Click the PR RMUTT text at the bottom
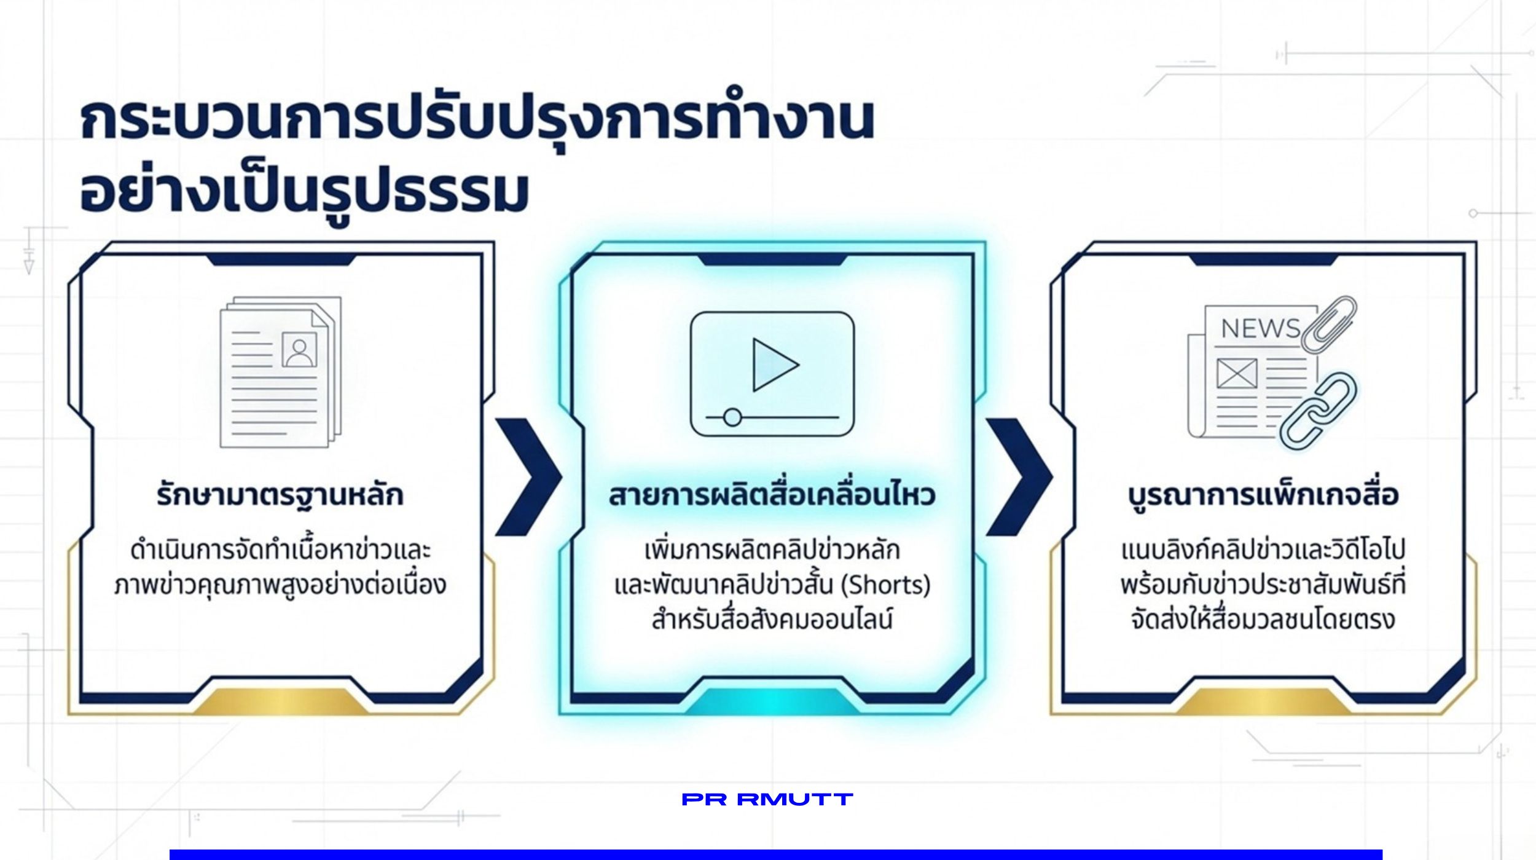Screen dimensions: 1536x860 tap(767, 799)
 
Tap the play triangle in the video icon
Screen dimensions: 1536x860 tap(775, 365)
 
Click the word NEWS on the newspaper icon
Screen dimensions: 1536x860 tap(1260, 328)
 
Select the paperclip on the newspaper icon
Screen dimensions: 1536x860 tap(1329, 325)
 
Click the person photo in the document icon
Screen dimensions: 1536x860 tap(299, 350)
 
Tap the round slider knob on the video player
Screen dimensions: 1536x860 tap(732, 417)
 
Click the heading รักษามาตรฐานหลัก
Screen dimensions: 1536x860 tap(280, 495)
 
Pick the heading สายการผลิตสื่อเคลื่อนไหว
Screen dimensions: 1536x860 tap(772, 495)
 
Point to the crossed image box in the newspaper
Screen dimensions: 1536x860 tap(1237, 374)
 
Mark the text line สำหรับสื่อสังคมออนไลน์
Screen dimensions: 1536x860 tap(772, 618)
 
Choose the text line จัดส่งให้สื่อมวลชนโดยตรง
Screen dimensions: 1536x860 tap(1263, 619)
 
